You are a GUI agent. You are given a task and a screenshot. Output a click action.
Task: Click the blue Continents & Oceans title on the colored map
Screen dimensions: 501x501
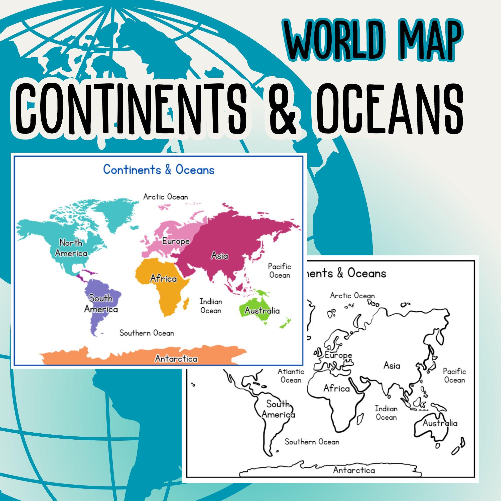click(159, 170)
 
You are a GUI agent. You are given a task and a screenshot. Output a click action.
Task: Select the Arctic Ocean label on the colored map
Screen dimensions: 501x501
click(165, 197)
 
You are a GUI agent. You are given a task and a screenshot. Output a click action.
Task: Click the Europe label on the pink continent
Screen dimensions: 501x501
click(176, 241)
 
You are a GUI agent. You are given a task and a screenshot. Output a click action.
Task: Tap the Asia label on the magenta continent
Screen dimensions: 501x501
click(219, 256)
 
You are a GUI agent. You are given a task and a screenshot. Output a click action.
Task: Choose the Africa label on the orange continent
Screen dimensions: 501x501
click(163, 279)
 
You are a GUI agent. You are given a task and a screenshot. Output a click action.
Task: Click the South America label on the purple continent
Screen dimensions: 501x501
click(101, 304)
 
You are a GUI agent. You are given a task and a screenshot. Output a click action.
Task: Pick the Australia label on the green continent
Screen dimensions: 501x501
click(262, 310)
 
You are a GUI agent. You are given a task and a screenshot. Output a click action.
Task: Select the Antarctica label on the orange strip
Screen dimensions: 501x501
click(176, 359)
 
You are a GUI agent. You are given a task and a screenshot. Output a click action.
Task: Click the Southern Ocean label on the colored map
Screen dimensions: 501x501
click(147, 333)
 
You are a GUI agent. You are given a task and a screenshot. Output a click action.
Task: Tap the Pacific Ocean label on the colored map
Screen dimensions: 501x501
click(279, 271)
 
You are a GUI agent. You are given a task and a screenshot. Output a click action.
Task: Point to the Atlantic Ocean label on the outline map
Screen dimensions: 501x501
click(291, 376)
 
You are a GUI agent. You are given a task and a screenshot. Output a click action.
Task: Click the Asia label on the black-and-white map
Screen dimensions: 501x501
click(392, 366)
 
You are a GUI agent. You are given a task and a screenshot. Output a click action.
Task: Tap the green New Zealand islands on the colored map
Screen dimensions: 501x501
click(285, 323)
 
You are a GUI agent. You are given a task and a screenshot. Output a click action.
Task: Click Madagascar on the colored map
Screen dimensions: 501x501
click(186, 304)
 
